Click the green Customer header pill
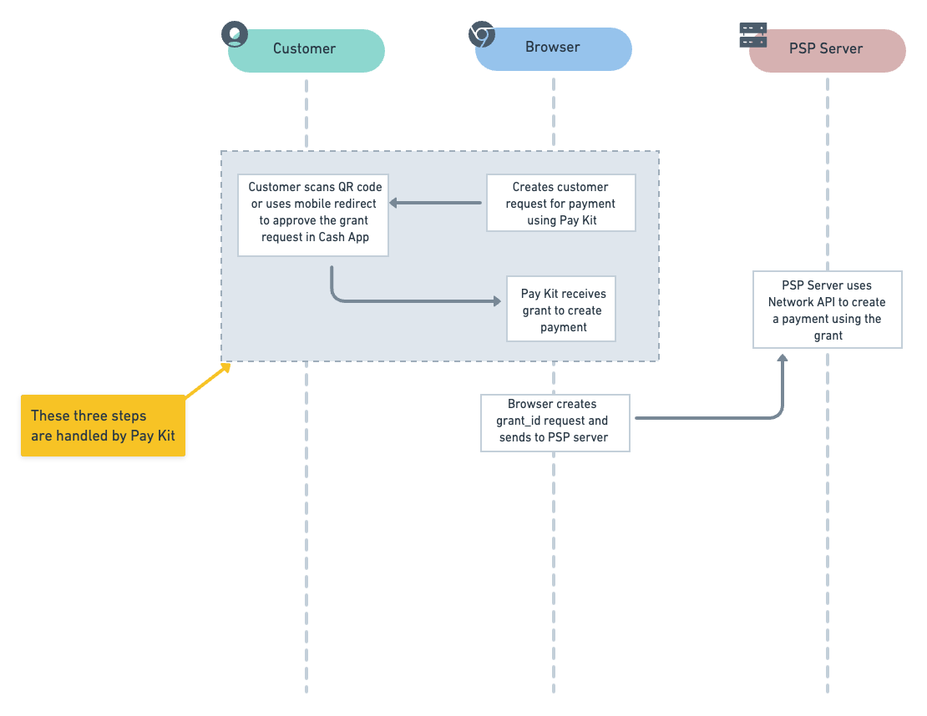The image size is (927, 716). click(x=306, y=49)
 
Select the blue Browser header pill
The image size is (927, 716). click(x=553, y=48)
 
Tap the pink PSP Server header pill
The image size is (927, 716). click(x=827, y=49)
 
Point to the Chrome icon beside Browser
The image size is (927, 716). click(x=482, y=35)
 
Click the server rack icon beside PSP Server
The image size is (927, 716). click(x=753, y=35)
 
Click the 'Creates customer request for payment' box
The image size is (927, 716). click(x=560, y=203)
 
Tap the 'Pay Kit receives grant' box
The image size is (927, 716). click(x=561, y=309)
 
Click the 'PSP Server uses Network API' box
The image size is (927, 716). click(x=827, y=309)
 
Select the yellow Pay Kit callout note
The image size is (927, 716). click(x=102, y=426)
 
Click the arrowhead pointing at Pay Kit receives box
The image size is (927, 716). click(x=496, y=301)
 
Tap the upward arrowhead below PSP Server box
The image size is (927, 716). click(x=783, y=358)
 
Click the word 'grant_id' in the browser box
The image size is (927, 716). click(x=520, y=421)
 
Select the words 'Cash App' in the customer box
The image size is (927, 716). click(x=344, y=237)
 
